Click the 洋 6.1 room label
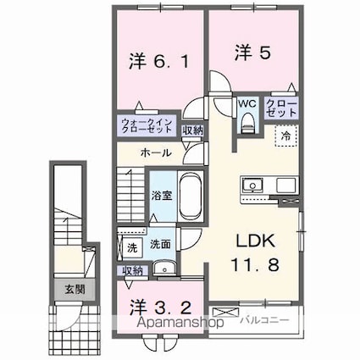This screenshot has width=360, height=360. pyautogui.click(x=159, y=61)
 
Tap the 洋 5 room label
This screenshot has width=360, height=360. pyautogui.click(x=253, y=53)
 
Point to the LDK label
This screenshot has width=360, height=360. pyautogui.click(x=255, y=241)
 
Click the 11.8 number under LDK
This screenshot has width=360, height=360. pyautogui.click(x=255, y=264)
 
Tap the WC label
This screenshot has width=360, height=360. pyautogui.click(x=246, y=104)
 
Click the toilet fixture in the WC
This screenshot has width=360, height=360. pyautogui.click(x=248, y=123)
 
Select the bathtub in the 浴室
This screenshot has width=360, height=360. pyautogui.click(x=190, y=195)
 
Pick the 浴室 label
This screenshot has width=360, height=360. pyautogui.click(x=162, y=196)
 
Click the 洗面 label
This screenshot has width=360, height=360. pyautogui.click(x=160, y=245)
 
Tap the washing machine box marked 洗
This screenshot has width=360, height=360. pyautogui.click(x=132, y=247)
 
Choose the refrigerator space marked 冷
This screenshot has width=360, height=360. pyautogui.click(x=286, y=136)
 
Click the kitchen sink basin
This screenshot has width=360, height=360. pyautogui.click(x=252, y=185)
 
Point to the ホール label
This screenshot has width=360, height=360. pyautogui.click(x=156, y=153)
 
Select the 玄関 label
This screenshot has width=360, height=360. pyautogui.click(x=75, y=289)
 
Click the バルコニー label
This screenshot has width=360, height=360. pyautogui.click(x=265, y=320)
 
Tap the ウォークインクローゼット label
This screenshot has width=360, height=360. pyautogui.click(x=147, y=126)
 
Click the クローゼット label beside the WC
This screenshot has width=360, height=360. pyautogui.click(x=281, y=108)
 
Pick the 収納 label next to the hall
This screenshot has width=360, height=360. pyautogui.click(x=192, y=130)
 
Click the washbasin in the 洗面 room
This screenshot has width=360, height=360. pyautogui.click(x=164, y=268)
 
